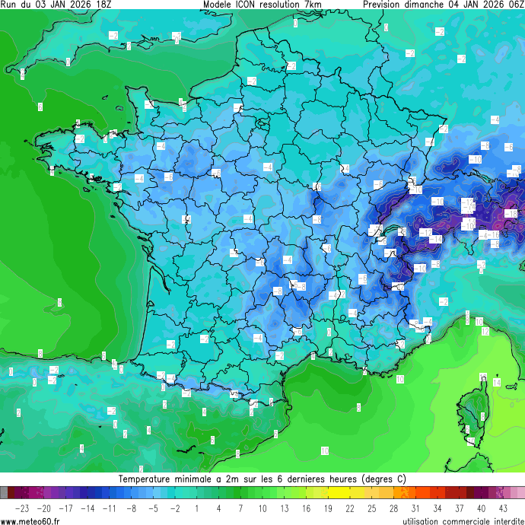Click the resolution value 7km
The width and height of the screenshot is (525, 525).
pos(312,5)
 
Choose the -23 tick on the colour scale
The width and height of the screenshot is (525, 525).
pos(23,508)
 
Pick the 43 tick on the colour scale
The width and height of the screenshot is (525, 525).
pos(502,508)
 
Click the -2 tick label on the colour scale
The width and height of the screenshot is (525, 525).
pos(175,508)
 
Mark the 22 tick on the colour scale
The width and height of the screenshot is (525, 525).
pos(350,508)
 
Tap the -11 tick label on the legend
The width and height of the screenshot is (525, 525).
pos(110,508)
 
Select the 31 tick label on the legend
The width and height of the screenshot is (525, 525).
pos(415,508)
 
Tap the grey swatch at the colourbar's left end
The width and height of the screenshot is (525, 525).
pos(5,493)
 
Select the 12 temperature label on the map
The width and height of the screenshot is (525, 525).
pos(485,332)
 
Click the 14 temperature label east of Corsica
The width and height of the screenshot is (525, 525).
pos(496,383)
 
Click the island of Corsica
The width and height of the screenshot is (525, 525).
pos(476,411)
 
